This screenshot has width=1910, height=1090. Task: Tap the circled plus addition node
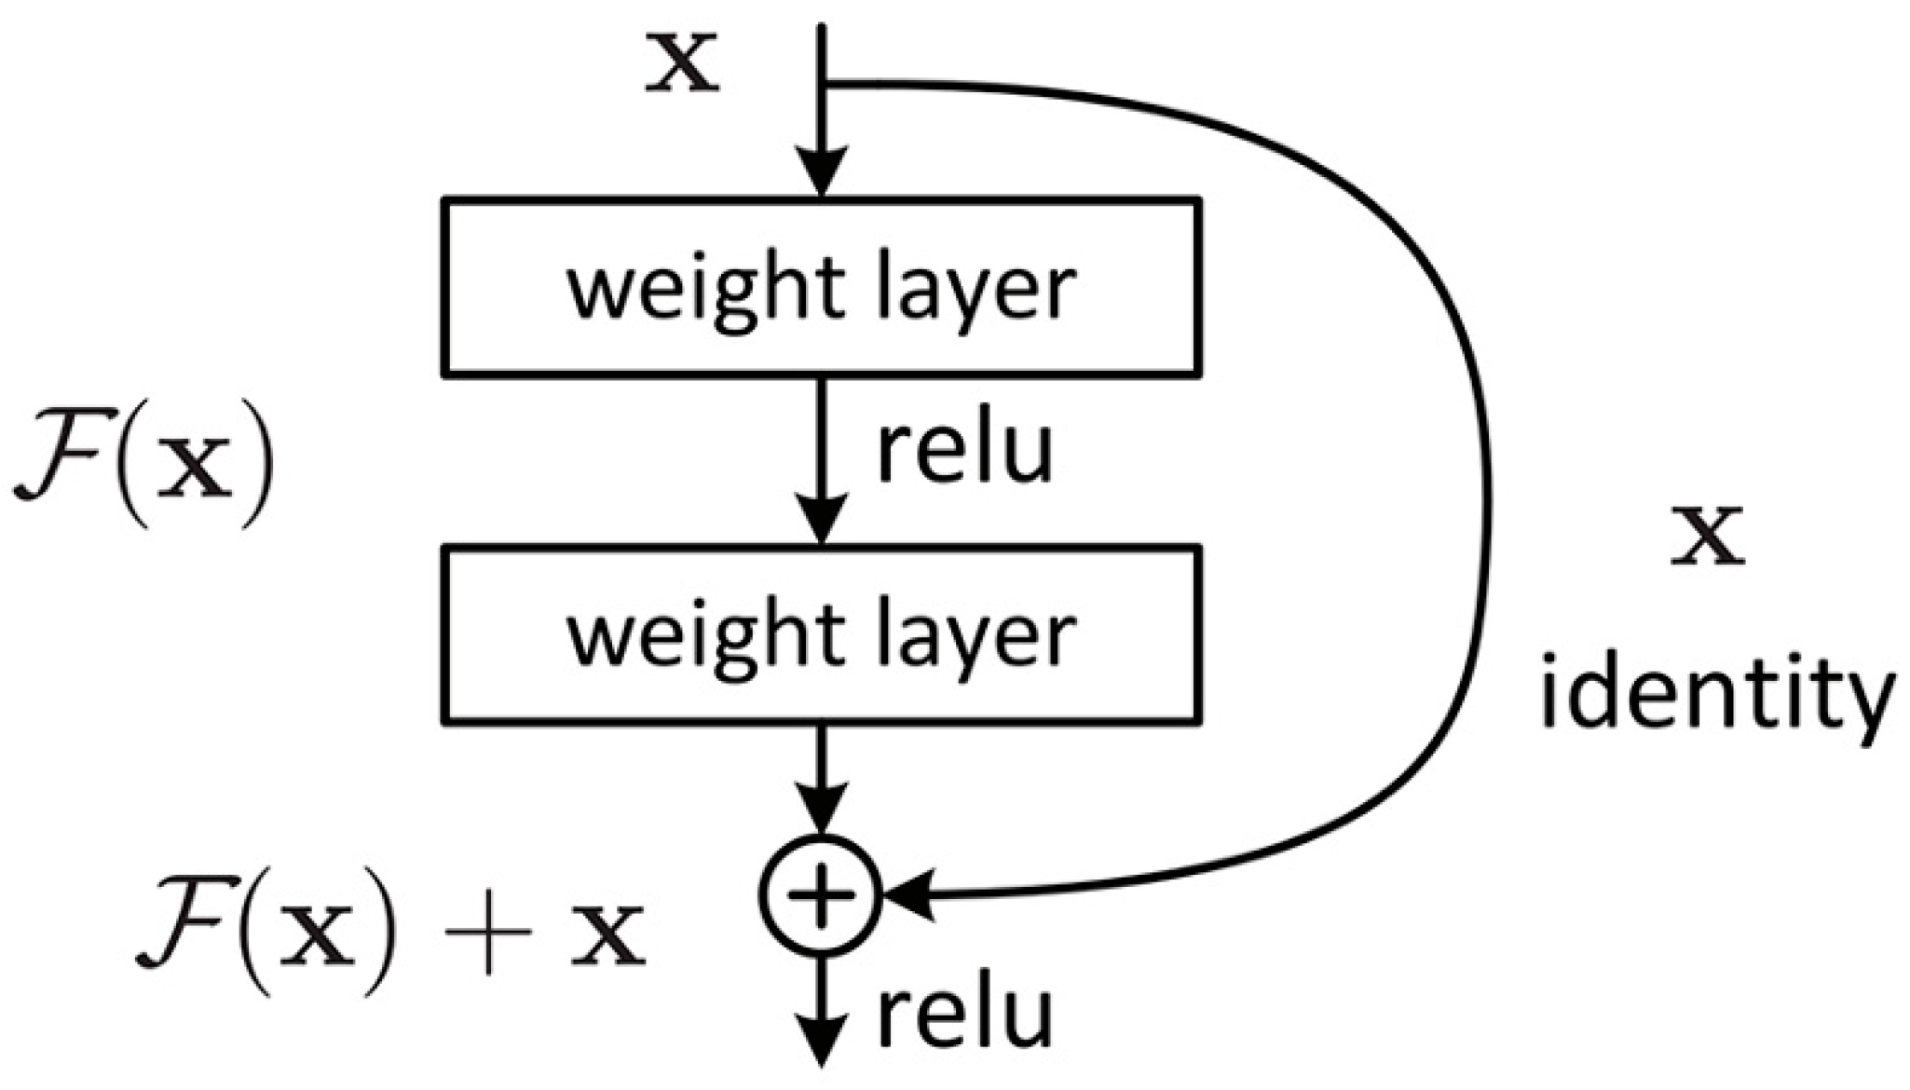tap(820, 895)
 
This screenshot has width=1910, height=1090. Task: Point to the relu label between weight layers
tap(964, 451)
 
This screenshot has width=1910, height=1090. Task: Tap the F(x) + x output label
tap(391, 935)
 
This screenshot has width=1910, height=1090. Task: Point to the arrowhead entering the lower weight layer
tap(820, 521)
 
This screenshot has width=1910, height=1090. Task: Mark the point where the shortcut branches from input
tap(823, 84)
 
